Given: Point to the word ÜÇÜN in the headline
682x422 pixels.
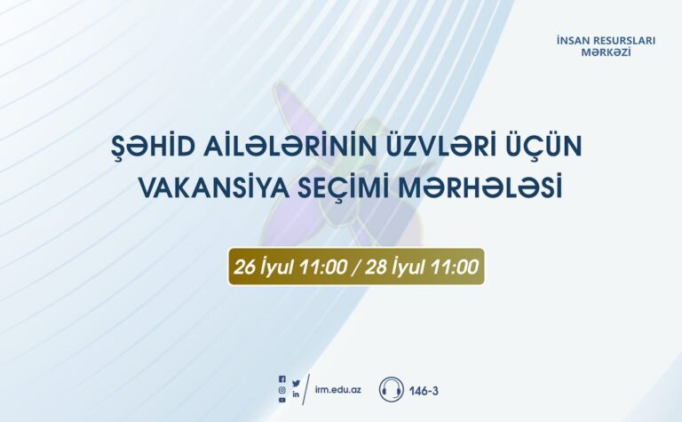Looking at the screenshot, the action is (544, 147).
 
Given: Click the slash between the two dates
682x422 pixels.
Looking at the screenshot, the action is (356, 267).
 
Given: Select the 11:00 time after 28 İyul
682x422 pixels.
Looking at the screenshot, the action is (454, 267).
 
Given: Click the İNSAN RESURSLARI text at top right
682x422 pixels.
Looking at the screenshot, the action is (606, 41).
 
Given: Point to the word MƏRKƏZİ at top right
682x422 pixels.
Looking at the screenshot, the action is (606, 52).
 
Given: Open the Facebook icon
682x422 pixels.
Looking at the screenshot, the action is (282, 380).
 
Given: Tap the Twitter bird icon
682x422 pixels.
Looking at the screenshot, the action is (297, 383).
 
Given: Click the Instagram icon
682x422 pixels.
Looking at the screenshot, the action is (282, 390).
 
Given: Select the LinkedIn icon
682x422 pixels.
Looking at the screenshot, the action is (296, 394).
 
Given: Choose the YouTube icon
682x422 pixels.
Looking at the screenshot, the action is (282, 401).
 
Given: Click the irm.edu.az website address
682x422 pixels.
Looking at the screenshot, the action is (338, 389).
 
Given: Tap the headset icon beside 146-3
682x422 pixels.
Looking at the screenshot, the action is (391, 389).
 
